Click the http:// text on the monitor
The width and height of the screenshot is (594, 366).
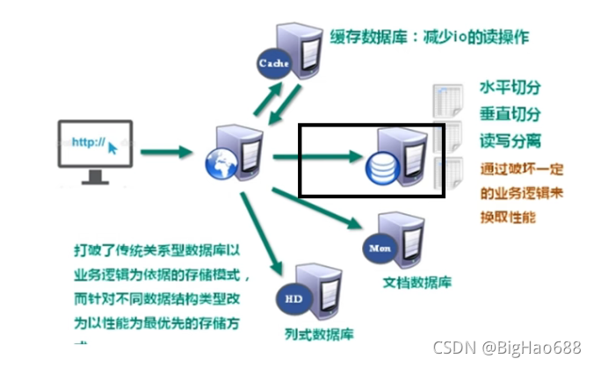pyautogui.click(x=87, y=141)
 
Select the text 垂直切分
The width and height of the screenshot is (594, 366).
pyautogui.click(x=509, y=114)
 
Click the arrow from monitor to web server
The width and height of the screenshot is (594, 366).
pyautogui.click(x=167, y=152)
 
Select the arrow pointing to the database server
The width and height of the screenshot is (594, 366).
pyautogui.click(x=316, y=158)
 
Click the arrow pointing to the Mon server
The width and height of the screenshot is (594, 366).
pyautogui.click(x=316, y=209)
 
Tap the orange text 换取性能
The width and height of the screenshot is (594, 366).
pyautogui.click(x=508, y=217)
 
